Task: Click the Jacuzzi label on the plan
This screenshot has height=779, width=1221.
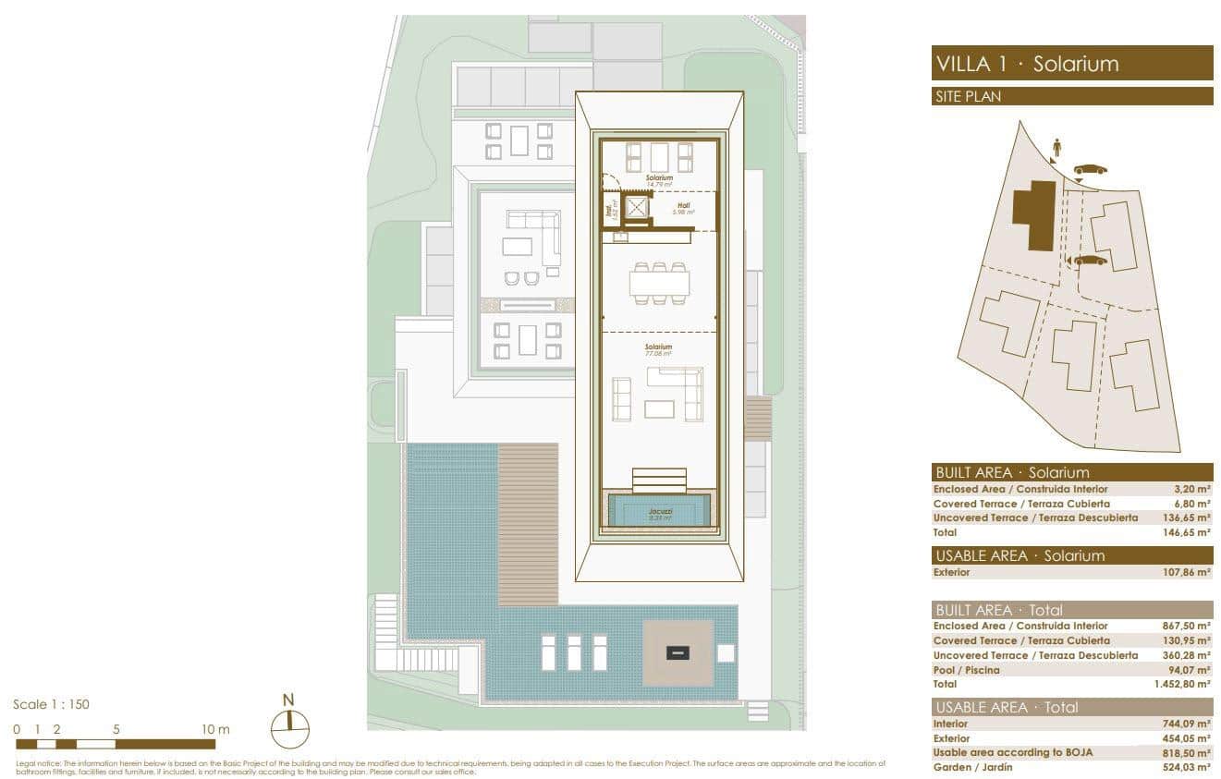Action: point(659,510)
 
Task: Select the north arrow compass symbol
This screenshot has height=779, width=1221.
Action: point(289,726)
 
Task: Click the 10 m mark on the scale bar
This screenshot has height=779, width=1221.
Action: point(215,729)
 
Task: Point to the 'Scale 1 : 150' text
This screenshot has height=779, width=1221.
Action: point(51,704)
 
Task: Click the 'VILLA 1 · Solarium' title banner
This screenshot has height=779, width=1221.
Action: point(1072,64)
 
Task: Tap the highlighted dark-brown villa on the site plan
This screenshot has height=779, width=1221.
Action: point(1034,213)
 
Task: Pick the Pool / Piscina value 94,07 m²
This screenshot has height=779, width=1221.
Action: point(1187,670)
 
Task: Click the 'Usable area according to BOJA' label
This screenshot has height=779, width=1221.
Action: point(1012,752)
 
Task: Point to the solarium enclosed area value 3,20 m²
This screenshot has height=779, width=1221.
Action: point(1191,489)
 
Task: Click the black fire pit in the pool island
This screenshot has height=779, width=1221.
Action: point(678,652)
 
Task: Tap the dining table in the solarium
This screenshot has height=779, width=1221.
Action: point(659,284)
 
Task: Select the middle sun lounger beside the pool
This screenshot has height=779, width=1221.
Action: point(574,651)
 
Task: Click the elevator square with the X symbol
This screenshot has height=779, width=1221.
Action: point(637,208)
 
